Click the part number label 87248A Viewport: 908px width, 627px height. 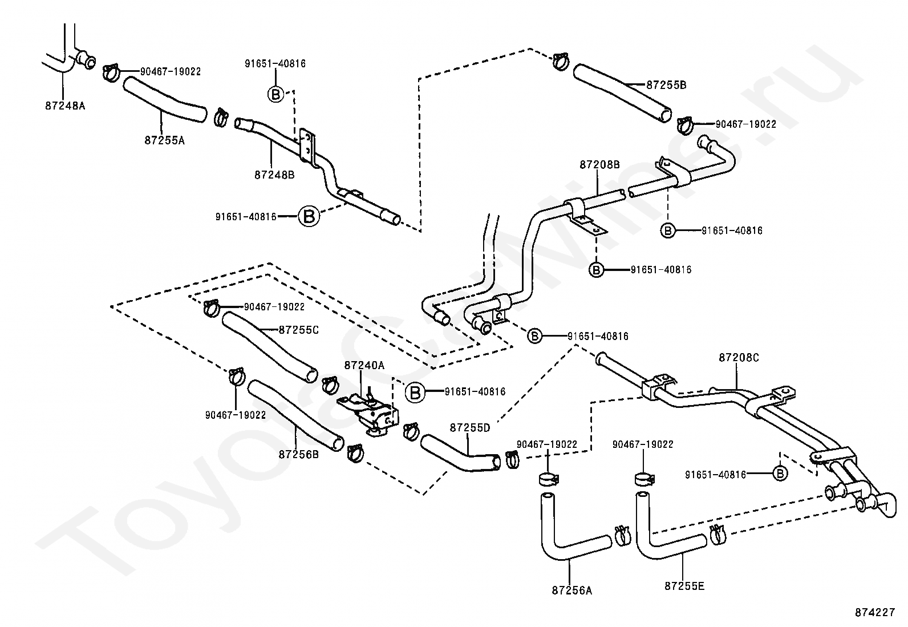tap(65, 106)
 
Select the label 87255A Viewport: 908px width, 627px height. tap(165, 140)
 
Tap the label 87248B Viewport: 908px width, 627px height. tap(274, 175)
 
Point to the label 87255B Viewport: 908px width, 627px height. tap(666, 85)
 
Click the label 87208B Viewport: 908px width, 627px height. tap(600, 165)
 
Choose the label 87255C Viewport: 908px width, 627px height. tap(299, 330)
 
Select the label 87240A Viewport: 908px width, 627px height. tap(364, 365)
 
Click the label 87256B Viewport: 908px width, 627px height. tap(299, 455)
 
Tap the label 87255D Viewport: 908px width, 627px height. tap(470, 428)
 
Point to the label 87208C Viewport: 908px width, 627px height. tap(739, 358)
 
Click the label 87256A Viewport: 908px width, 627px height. tap(572, 590)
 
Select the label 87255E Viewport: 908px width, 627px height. tap(684, 586)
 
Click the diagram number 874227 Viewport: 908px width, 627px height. tap(875, 612)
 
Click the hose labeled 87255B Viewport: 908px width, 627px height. tap(622, 92)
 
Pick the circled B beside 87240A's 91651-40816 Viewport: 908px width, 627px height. tap(415, 393)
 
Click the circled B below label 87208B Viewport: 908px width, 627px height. tap(668, 230)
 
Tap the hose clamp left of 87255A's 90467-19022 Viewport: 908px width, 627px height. tap(110, 72)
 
